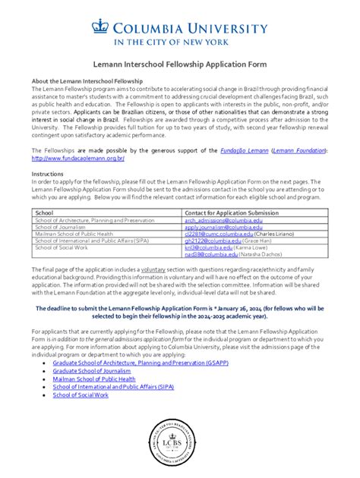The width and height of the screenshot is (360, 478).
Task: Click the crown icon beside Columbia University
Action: [x=100, y=27]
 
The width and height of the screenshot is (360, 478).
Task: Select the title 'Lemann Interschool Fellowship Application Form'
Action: [x=179, y=67]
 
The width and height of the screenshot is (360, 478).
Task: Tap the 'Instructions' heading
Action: [x=47, y=174]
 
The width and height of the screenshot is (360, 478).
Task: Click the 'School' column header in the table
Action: [x=45, y=213]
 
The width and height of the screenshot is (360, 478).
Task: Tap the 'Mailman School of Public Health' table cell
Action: [x=74, y=234]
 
